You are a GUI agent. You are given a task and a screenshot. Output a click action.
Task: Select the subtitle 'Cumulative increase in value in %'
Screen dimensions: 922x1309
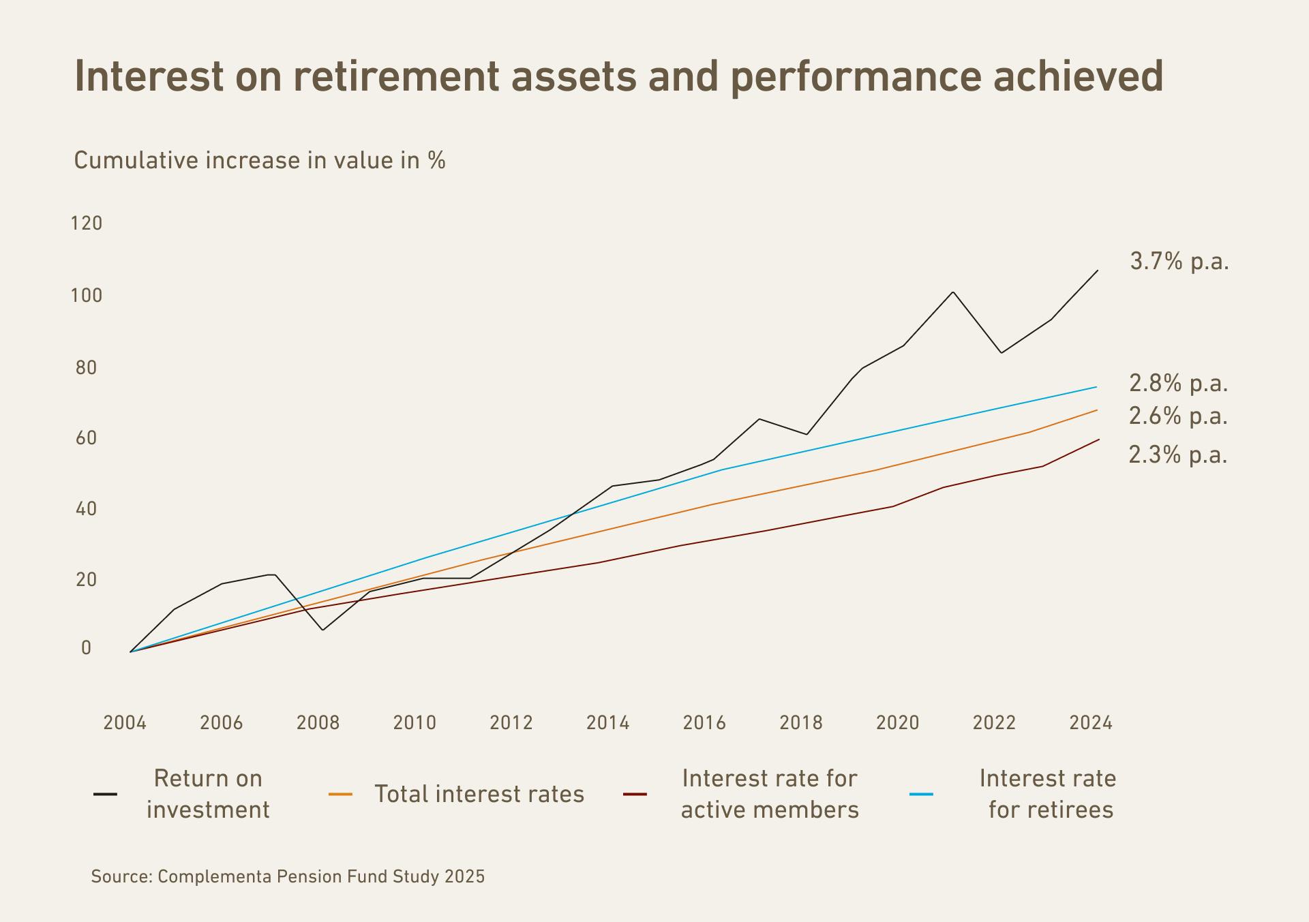259,161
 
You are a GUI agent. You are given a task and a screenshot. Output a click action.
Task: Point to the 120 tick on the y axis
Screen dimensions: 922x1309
87,224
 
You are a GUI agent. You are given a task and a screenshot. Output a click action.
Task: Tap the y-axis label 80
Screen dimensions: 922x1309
87,368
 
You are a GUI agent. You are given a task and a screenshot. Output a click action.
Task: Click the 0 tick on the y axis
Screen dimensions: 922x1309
86,648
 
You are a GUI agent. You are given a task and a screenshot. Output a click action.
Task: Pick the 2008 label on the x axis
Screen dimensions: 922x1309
318,722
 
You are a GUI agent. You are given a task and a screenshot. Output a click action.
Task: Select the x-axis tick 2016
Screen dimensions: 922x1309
704,722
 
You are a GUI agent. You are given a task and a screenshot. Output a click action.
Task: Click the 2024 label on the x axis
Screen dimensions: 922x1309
1091,722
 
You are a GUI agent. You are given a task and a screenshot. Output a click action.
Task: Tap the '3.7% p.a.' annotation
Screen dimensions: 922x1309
1179,262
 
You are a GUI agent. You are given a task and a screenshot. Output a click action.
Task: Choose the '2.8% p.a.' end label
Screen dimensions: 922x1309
1179,384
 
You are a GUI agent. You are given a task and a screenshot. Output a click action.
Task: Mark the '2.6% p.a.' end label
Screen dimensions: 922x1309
1178,416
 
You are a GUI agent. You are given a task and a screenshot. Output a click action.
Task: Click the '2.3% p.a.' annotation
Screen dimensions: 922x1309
1178,455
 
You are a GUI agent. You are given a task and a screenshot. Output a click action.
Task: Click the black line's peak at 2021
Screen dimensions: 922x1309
952,292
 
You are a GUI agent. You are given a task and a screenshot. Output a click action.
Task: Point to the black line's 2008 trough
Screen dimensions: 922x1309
322,630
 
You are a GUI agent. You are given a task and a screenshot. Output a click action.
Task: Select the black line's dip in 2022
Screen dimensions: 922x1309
1001,352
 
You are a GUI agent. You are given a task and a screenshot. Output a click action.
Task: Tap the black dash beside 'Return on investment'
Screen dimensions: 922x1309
105,795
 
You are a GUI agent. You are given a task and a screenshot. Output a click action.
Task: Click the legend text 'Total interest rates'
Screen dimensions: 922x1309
479,795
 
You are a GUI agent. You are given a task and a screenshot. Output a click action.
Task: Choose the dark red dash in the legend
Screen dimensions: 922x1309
635,795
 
